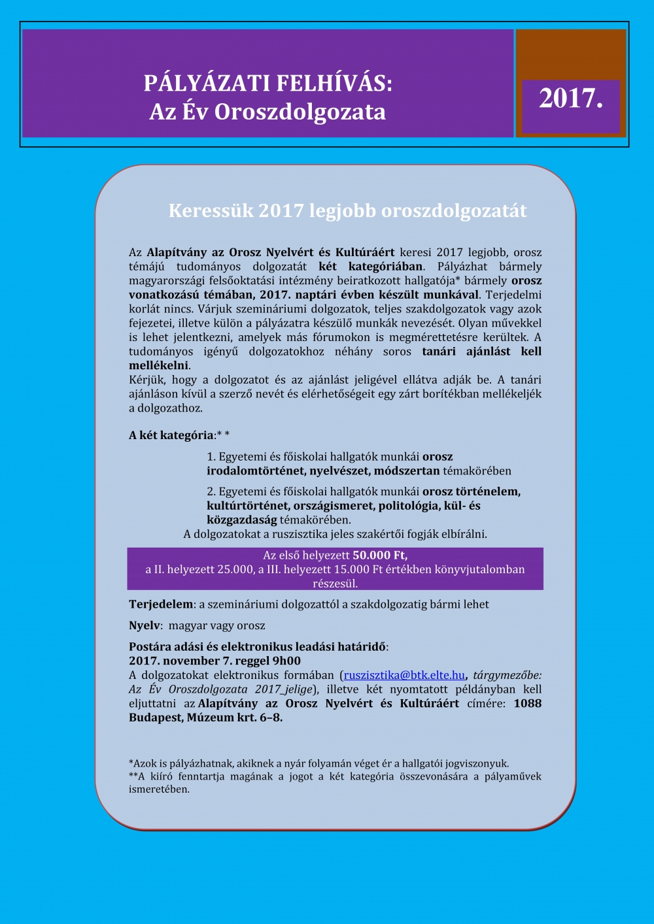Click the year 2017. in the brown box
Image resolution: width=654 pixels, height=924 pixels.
[x=570, y=99]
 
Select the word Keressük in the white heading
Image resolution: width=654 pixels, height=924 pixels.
[x=209, y=210]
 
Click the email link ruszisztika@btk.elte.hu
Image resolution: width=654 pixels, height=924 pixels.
[x=404, y=675]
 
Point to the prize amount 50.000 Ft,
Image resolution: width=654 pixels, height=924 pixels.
[x=380, y=555]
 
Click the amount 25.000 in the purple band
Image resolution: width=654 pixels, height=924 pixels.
[x=235, y=569]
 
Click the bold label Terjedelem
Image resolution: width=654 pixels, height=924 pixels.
[x=161, y=604]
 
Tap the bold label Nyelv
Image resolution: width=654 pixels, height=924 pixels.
[x=145, y=625]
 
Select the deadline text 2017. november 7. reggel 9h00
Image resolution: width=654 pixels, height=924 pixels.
[x=215, y=661]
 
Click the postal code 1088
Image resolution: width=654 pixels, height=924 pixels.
[x=527, y=704]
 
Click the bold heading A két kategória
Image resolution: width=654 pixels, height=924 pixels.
[x=171, y=435]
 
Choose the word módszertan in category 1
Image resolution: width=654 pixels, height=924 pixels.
[x=408, y=470]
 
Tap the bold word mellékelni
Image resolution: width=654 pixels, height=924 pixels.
[x=158, y=365]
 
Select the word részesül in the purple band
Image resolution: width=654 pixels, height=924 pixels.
[x=335, y=584]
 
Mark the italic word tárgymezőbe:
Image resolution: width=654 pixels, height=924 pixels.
[x=507, y=675]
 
